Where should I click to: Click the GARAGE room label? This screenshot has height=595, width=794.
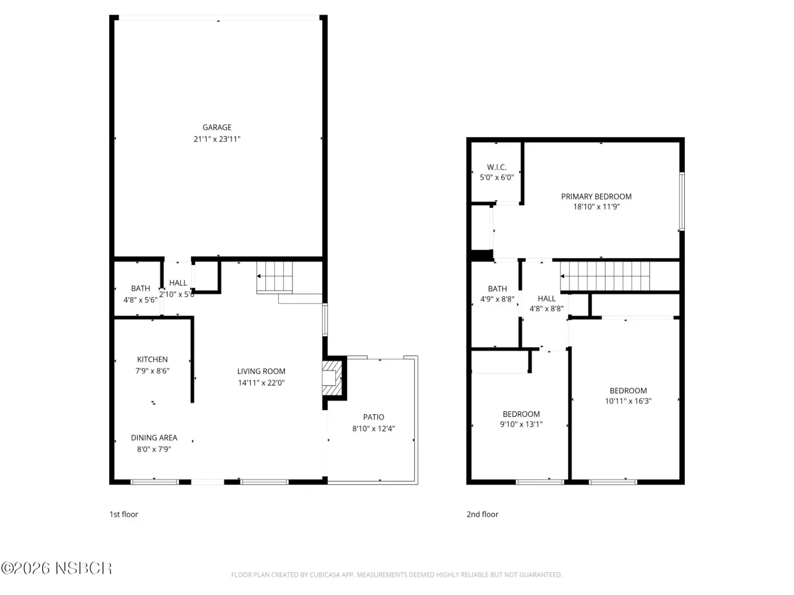coord(217,127)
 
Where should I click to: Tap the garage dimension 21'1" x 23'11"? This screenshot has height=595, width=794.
coord(217,139)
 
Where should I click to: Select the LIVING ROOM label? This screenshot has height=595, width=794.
coord(261,371)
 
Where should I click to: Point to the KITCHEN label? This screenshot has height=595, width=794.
coord(152,359)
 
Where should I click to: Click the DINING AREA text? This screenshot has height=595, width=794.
coord(154,437)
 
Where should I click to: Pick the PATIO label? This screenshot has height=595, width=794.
coord(373,417)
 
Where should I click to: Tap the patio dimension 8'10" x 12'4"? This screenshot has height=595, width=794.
coord(373,428)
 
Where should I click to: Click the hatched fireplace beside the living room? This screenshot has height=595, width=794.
coord(332,378)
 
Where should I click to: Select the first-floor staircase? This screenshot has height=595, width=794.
coord(274,277)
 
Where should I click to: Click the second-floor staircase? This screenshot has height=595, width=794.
coord(605,276)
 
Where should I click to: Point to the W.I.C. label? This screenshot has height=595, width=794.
coord(497,167)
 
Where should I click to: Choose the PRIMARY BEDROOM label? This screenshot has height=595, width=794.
coord(596,196)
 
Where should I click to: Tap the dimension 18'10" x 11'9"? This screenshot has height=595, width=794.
coord(596,207)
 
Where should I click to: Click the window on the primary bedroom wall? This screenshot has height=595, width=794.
coord(681,201)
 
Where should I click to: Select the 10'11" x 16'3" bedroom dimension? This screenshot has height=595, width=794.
coord(628,401)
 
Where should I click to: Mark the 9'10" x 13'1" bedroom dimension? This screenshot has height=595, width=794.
coord(521,424)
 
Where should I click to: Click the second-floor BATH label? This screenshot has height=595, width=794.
coord(497,289)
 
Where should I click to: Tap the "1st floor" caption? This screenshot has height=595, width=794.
coord(124,514)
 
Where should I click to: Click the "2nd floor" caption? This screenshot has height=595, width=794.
coord(482,514)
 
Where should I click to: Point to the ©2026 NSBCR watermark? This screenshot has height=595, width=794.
coord(57,568)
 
